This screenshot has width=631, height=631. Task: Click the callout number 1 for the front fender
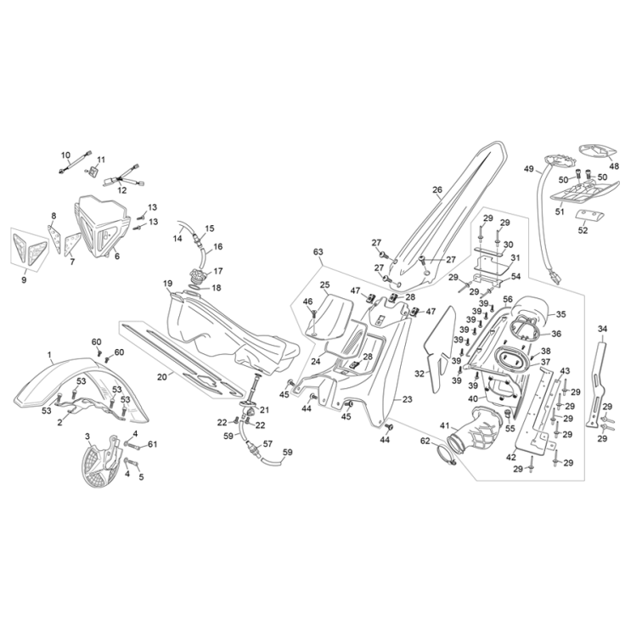[49, 354]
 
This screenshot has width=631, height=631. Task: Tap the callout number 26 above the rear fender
[437, 190]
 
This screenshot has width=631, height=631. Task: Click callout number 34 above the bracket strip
[603, 329]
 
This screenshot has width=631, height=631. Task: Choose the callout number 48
[615, 167]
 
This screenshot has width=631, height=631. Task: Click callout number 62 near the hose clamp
[425, 441]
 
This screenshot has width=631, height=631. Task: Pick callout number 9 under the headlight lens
[25, 279]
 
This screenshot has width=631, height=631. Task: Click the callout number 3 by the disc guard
[87, 436]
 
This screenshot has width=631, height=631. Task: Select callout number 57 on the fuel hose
[268, 443]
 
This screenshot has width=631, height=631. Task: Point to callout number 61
[153, 444]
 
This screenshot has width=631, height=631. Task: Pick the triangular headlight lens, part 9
[25, 249]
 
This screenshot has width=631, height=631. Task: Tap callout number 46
[307, 301]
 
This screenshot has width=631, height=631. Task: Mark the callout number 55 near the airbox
[510, 429]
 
